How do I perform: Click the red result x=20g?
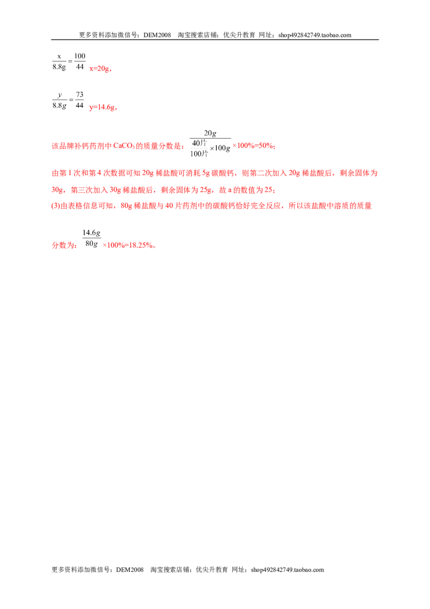pos(99,69)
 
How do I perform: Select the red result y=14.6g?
pos(102,107)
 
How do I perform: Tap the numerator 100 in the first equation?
pos(80,56)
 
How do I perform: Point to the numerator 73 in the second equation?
pos(80,94)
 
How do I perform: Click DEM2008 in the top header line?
pos(157,35)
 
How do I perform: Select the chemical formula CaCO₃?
pos(124,146)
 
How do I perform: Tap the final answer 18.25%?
pos(140,245)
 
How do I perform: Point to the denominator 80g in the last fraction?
pos(91,244)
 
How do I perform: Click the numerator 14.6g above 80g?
pos(91,232)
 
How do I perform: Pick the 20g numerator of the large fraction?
pos(210,133)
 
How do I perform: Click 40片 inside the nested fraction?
pos(199,143)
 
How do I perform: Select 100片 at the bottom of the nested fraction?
pos(199,154)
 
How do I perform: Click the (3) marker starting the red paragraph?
pos(56,206)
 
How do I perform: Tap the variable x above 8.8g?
pos(59,56)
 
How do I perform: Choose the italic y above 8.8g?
pos(59,95)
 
